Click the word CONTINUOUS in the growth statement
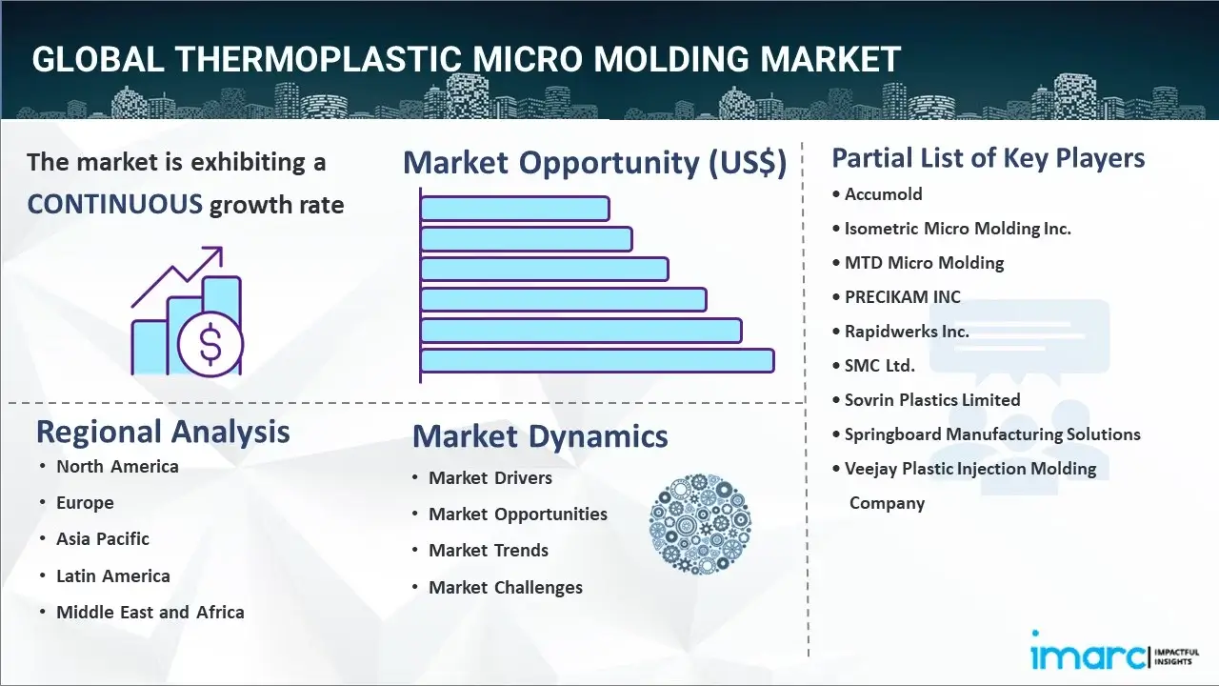115,205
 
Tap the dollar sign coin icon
210,344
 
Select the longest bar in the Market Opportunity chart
597,361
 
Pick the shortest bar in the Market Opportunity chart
515,209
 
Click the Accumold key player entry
883,193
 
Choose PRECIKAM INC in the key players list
902,296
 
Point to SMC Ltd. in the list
879,365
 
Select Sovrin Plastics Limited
932,399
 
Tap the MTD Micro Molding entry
924,262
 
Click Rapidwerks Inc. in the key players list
907,331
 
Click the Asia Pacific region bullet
103,538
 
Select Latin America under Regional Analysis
113,575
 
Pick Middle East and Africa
150,612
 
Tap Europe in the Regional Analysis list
85,502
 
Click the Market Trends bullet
489,550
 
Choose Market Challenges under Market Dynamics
506,587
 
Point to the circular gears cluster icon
700,524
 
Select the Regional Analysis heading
163,432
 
